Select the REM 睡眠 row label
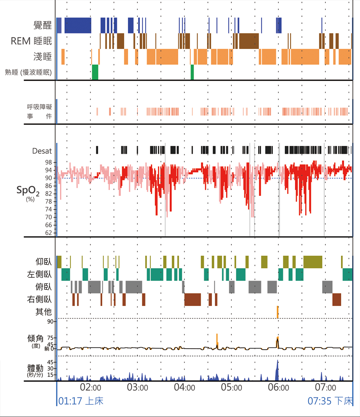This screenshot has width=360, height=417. pyautogui.click(x=31, y=41)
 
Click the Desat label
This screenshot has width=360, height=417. pyautogui.click(x=42, y=151)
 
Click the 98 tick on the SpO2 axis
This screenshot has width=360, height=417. pyautogui.click(x=48, y=162)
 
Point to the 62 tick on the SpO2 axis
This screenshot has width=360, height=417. pyautogui.click(x=48, y=233)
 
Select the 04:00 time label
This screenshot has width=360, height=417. pyautogui.click(x=184, y=388)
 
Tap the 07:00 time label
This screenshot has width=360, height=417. pyautogui.click(x=325, y=388)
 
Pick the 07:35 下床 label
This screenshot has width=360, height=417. pyautogui.click(x=330, y=401)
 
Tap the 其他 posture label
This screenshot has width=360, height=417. pyautogui.click(x=44, y=312)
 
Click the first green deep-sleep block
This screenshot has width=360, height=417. pyautogui.click(x=95, y=72)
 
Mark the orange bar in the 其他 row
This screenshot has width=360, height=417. pyautogui.click(x=278, y=312)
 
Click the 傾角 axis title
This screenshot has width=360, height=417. pyautogui.click(x=35, y=338)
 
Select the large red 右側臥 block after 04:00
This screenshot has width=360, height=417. pyautogui.click(x=193, y=300)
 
